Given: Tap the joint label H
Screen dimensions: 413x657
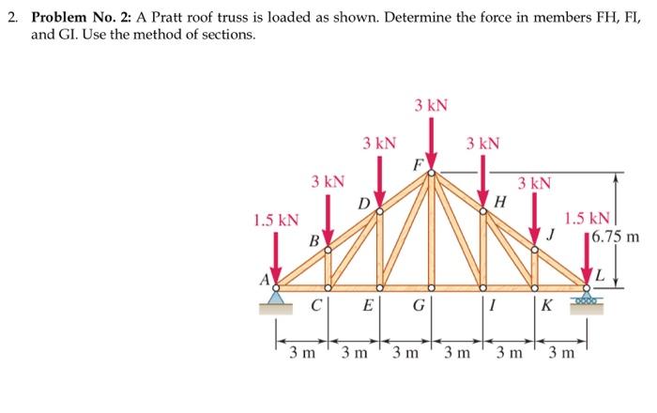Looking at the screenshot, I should (x=500, y=199).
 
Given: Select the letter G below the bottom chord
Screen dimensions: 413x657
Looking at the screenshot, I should (x=418, y=306).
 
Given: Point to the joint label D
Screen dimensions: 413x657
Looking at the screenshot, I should (x=361, y=201).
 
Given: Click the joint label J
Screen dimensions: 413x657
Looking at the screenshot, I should (x=552, y=235).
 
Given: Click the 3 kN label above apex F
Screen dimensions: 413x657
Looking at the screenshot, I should (x=431, y=104).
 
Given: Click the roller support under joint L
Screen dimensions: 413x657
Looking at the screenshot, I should (x=588, y=298).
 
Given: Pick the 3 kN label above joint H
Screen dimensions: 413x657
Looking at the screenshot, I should (x=482, y=144).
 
